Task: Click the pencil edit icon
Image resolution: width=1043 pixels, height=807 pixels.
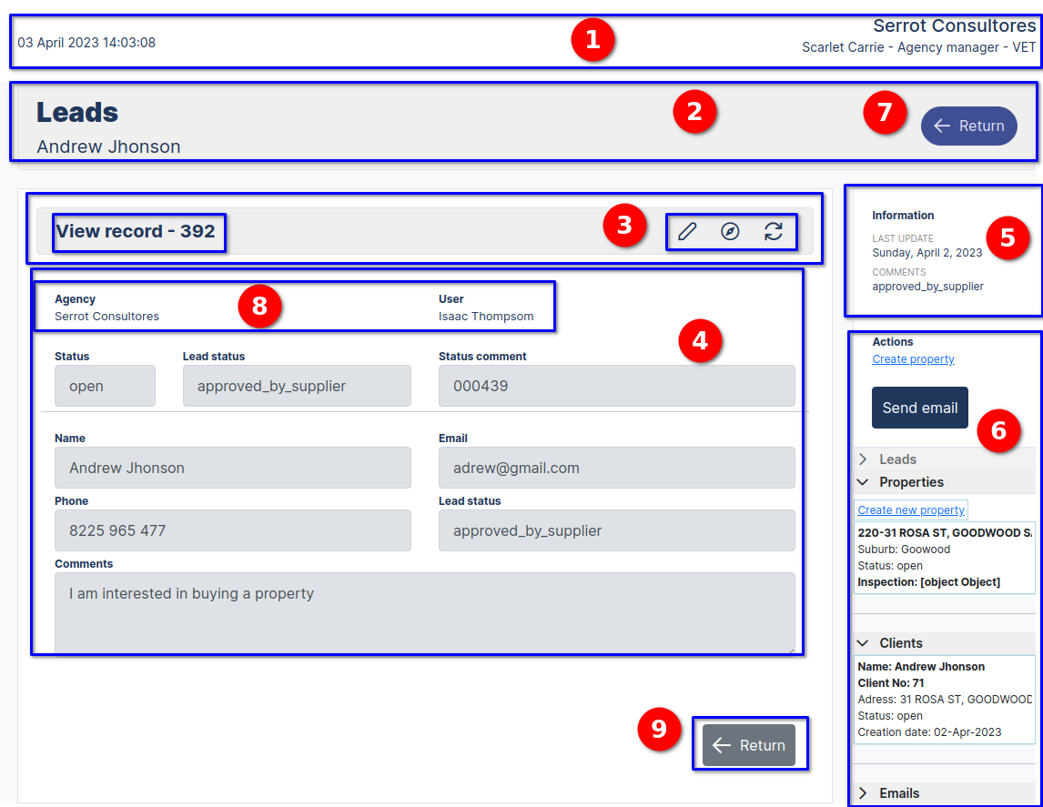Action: click(687, 232)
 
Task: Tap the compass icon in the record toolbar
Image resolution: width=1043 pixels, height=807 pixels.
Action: click(730, 232)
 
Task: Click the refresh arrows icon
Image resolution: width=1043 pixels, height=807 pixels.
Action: click(774, 232)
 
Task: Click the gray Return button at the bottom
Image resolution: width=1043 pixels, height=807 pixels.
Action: click(749, 745)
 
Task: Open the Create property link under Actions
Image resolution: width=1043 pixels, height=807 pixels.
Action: click(913, 359)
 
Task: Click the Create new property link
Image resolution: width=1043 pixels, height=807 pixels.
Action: click(911, 510)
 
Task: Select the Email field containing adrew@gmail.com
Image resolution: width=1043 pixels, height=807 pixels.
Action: click(616, 468)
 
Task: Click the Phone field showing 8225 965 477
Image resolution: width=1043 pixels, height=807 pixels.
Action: click(232, 530)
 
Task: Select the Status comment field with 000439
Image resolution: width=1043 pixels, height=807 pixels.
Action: click(616, 386)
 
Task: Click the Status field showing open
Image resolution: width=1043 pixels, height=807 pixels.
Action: click(105, 386)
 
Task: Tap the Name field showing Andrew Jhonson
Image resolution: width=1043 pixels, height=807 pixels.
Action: click(232, 468)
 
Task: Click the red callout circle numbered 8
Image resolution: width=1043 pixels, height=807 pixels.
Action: click(260, 306)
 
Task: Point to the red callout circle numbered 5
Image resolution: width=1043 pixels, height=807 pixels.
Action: click(1008, 237)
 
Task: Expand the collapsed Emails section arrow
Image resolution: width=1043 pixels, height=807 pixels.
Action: click(863, 793)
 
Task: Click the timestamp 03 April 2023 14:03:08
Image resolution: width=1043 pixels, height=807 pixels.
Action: click(86, 43)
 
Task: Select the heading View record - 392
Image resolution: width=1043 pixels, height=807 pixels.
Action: click(136, 231)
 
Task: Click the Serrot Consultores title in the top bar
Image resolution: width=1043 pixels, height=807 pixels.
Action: click(954, 26)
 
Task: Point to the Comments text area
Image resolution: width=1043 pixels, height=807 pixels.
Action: click(424, 612)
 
